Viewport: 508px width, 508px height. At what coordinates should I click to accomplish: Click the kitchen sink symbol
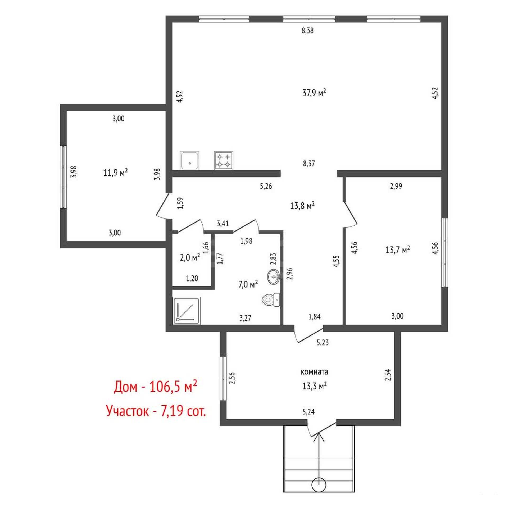click(x=190, y=160)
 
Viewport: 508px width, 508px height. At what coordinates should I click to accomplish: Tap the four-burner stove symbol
click(x=224, y=160)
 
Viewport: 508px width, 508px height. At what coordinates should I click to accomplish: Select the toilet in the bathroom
click(x=271, y=300)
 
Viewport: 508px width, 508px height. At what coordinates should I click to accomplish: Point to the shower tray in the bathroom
click(x=187, y=310)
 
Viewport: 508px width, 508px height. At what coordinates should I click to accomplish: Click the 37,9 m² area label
click(x=314, y=93)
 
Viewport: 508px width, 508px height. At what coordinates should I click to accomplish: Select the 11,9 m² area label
click(x=115, y=173)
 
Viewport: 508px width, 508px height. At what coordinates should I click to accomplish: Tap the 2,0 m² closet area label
click(x=190, y=257)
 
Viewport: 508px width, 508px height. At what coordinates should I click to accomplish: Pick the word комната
click(x=315, y=372)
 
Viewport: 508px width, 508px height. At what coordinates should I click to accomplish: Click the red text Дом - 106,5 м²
click(x=156, y=387)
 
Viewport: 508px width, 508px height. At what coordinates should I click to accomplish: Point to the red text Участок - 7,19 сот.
click(x=156, y=411)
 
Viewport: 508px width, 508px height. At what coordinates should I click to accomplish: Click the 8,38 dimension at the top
click(x=307, y=31)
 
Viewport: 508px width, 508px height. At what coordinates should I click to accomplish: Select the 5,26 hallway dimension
click(x=266, y=187)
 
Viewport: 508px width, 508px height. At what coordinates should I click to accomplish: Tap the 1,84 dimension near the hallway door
click(x=315, y=316)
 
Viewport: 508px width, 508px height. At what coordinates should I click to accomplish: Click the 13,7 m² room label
click(x=398, y=250)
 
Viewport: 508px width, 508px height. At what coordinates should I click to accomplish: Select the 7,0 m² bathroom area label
click(x=248, y=285)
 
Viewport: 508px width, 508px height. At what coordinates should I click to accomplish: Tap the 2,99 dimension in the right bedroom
click(x=396, y=186)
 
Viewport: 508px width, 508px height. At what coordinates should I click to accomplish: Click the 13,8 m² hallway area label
click(x=302, y=206)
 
